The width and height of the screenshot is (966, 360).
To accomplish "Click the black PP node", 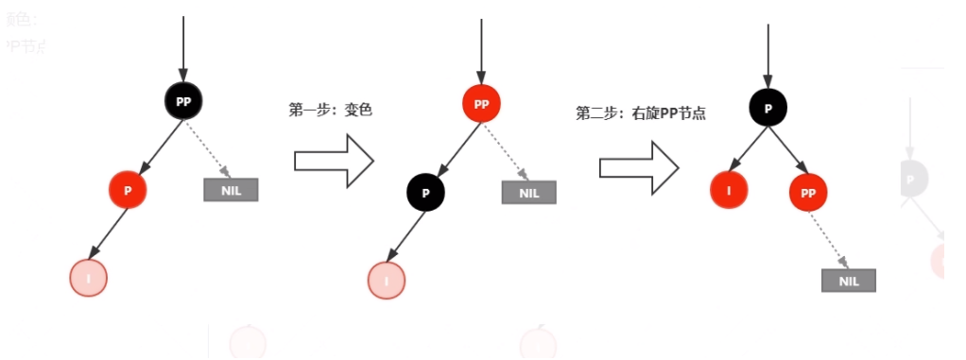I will [x=183, y=99].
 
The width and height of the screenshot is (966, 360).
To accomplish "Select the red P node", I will [x=128, y=189].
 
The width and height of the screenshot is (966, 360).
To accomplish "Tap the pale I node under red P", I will [x=89, y=278].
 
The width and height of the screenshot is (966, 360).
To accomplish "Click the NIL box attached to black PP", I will [x=231, y=189].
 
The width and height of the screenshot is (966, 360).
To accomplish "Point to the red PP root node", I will [x=481, y=104].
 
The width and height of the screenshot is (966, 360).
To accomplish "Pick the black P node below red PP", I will [x=425, y=193].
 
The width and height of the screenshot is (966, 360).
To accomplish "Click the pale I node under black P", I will [x=387, y=280].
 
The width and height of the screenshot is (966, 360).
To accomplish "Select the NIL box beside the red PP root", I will [x=528, y=193].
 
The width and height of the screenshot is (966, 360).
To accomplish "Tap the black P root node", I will [x=768, y=108].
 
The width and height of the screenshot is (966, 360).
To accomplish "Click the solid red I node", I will [x=729, y=190].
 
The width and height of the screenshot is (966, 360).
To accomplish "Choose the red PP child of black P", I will [x=808, y=193].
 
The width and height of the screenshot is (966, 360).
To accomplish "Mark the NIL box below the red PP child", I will [x=849, y=281].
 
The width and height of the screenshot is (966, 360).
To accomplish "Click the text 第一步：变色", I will [x=331, y=110].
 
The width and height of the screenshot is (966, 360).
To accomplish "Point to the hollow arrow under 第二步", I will [x=640, y=166].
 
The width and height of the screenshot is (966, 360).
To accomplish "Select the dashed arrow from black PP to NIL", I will [x=208, y=146].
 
